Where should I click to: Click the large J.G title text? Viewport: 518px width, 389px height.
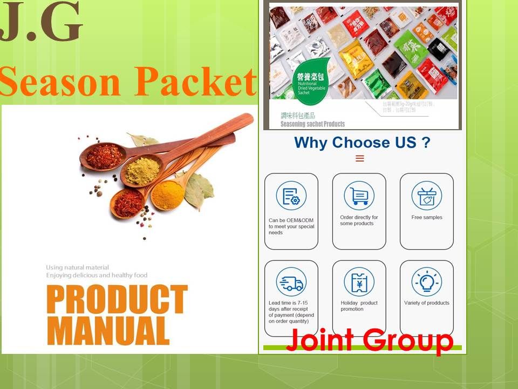coord(42,24)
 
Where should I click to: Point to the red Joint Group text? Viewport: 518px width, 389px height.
coord(370,340)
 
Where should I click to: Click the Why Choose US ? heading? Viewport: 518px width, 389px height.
coord(362,143)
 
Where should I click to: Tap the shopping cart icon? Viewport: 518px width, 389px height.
coord(359,196)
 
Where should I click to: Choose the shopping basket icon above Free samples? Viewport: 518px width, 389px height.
coord(426,196)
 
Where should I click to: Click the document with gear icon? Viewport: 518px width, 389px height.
coord(291,196)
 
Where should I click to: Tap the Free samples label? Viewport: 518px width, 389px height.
coord(426,217)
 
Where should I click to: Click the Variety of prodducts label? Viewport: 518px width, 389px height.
coord(426,303)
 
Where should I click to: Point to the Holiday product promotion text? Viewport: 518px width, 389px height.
coord(359,306)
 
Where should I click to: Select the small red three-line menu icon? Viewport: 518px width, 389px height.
coord(360,158)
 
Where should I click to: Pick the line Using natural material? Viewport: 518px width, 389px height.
coord(77,267)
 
